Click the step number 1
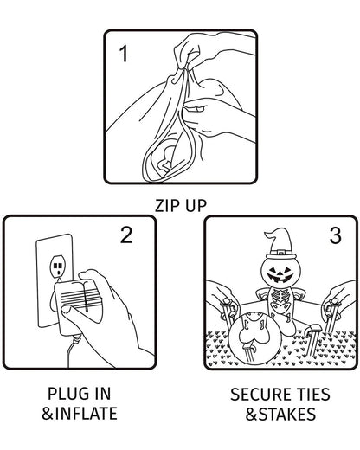pos(124,54)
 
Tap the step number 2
pos(126,235)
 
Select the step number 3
pos(335,235)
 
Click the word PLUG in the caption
pos(66,394)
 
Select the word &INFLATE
pos(80,413)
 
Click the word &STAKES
pos(280,414)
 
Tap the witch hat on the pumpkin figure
pos(280,244)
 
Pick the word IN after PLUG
pos(100,394)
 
